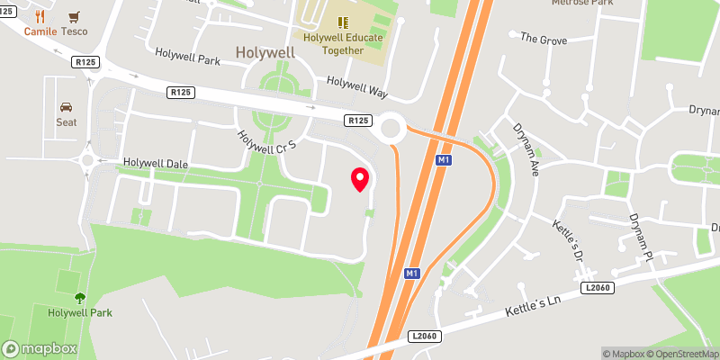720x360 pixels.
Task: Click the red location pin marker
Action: tap(360, 179)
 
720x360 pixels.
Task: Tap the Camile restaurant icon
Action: tap(40, 16)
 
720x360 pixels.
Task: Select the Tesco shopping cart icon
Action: tap(74, 16)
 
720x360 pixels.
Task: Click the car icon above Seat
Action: tap(67, 106)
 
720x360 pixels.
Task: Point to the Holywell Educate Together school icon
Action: tap(343, 22)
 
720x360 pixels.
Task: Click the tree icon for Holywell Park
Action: tap(80, 298)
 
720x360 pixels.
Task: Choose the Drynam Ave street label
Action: tap(524, 148)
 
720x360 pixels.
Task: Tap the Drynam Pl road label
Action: tap(641, 237)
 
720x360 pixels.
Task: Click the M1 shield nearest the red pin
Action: tap(442, 160)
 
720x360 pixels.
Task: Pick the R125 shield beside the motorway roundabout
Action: tap(358, 121)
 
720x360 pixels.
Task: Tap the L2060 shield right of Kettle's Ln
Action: tap(597, 287)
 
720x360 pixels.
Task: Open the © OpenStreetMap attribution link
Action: tap(680, 354)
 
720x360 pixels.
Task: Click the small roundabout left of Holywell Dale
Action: tap(88, 160)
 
